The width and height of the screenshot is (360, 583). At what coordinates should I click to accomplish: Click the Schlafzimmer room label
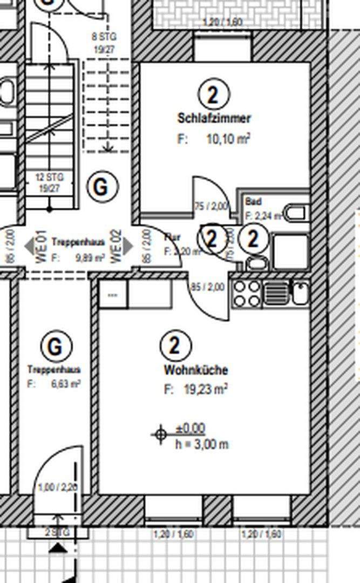[x=214, y=118]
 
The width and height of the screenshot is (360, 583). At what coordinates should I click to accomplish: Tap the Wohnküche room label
[x=195, y=370]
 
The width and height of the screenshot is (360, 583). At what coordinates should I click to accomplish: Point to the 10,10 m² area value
[x=228, y=139]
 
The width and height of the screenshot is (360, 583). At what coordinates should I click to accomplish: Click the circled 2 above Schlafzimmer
[x=214, y=95]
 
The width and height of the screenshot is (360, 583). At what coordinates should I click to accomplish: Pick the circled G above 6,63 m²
[x=55, y=346]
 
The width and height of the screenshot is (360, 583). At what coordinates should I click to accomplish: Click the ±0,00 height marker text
[x=191, y=429]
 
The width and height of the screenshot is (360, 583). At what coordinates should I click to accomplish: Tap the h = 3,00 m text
[x=201, y=445]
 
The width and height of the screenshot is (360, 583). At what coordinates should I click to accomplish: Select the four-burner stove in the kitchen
[x=246, y=294]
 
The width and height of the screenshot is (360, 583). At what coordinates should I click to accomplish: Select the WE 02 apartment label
[x=116, y=247]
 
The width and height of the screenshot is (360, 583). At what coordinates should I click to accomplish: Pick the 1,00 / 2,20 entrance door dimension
[x=58, y=487]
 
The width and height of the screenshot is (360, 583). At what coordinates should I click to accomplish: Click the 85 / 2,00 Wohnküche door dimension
[x=208, y=287]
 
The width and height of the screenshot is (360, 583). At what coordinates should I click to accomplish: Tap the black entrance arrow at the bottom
[x=58, y=549]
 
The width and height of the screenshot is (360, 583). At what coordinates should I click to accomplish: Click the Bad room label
[x=253, y=201]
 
